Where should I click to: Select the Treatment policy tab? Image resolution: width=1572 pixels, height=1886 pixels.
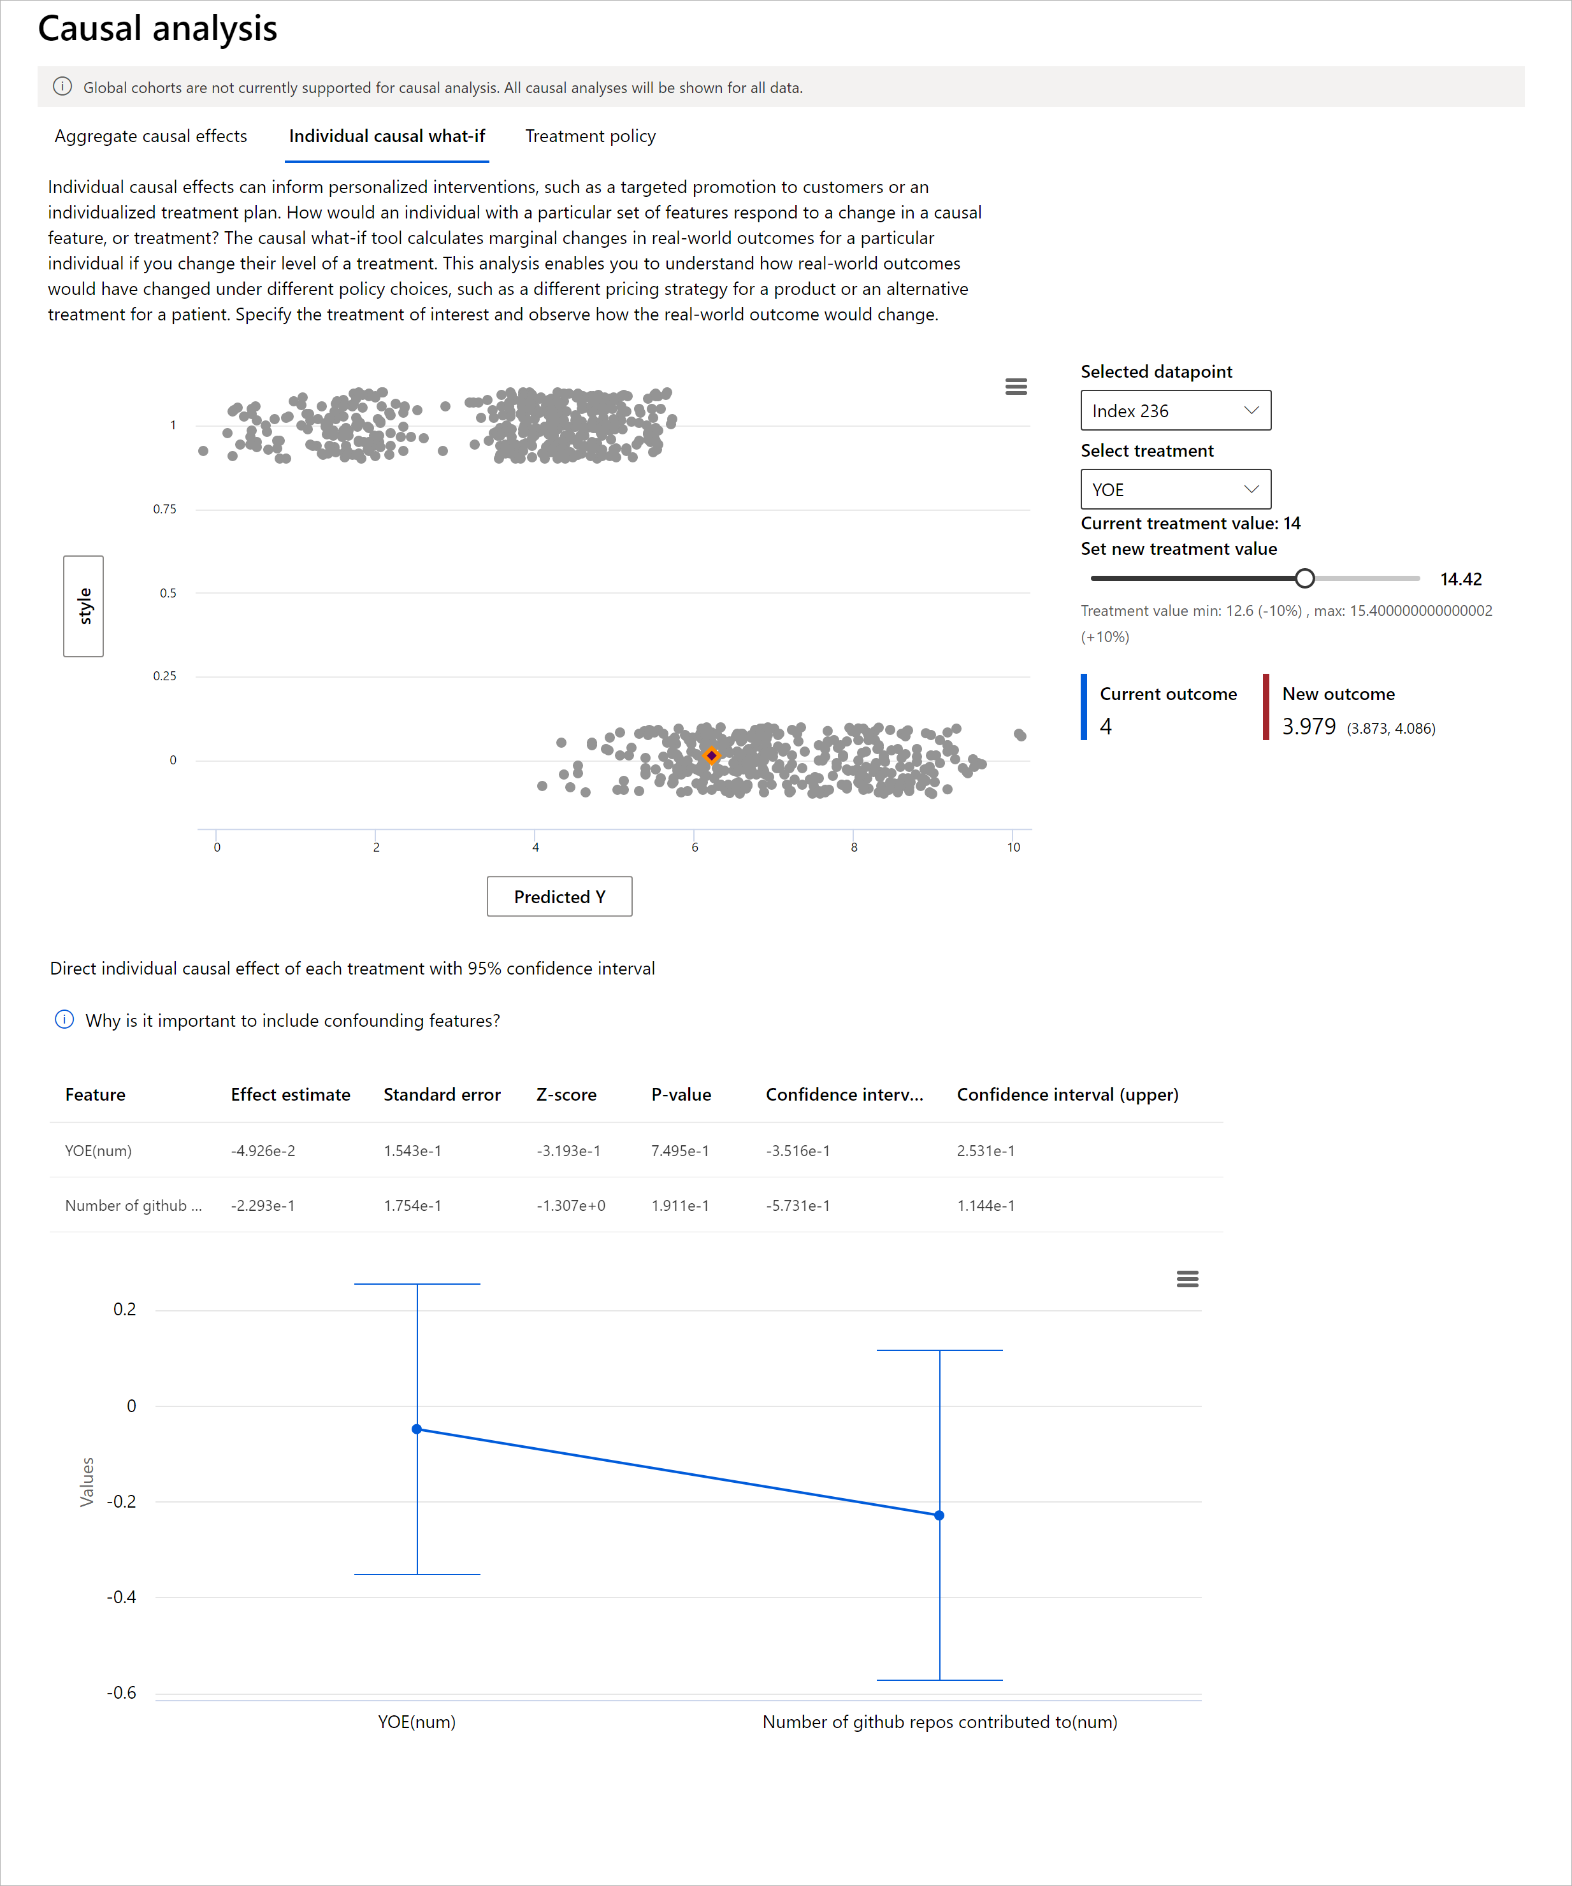coord(590,136)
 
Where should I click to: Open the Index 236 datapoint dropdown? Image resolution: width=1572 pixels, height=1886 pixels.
coord(1175,410)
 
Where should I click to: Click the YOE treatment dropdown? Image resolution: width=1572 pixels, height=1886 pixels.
coord(1175,489)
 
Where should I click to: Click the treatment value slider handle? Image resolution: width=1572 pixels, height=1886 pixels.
coord(1304,578)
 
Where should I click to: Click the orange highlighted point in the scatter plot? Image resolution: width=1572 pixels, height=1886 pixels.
coord(711,755)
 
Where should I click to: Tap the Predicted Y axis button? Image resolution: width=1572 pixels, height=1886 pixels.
coord(559,896)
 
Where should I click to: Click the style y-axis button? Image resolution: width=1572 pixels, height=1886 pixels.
coord(83,606)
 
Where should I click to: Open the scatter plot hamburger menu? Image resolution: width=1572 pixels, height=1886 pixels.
coord(1016,386)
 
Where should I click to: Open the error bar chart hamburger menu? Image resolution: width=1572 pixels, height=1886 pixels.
coord(1186,1279)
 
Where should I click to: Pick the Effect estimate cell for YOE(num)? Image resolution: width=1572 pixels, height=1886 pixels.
coord(263,1150)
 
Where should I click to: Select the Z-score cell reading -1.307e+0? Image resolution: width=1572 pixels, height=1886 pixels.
coord(570,1205)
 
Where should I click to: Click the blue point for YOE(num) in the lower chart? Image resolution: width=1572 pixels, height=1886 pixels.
coord(417,1429)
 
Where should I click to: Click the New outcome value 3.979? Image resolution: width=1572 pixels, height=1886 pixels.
coord(1308,727)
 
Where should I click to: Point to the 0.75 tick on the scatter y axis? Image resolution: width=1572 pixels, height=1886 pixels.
coord(165,509)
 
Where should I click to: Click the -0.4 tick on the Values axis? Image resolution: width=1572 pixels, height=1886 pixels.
coord(122,1597)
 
